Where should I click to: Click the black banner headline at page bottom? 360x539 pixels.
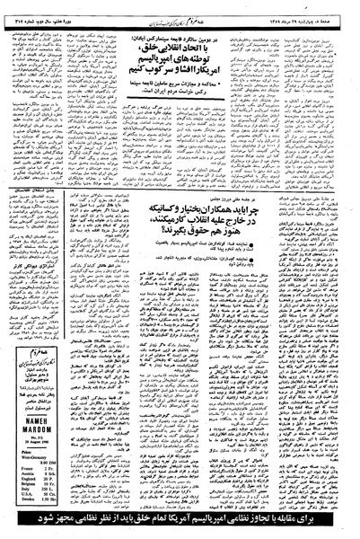pyautogui.click(x=180, y=521)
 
